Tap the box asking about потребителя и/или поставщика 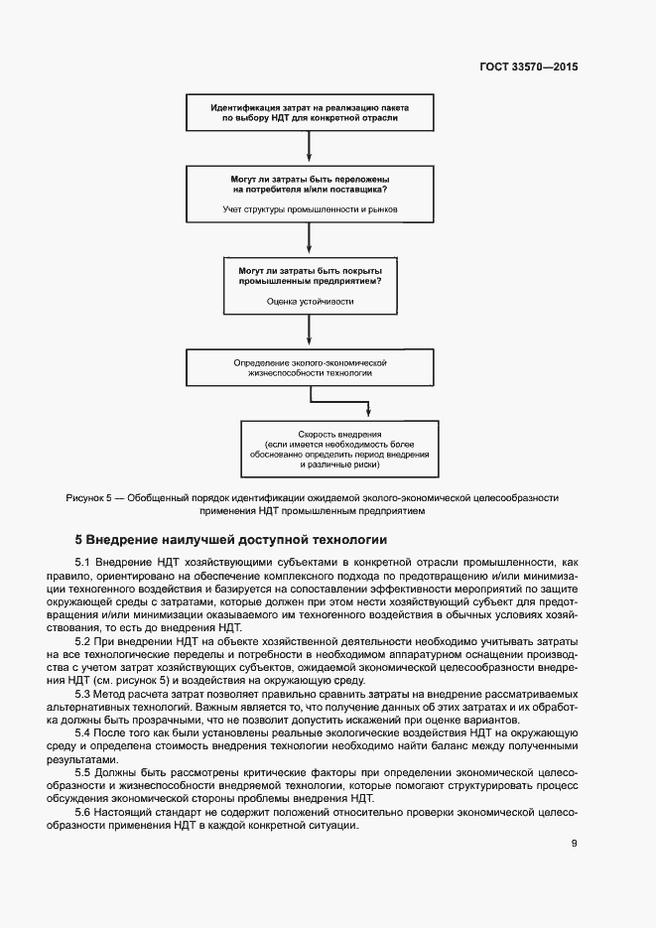coord(310,194)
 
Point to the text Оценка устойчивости coord(310,301)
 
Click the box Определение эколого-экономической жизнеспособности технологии coord(310,369)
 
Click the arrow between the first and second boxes coord(310,147)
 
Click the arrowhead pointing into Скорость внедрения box coord(369,414)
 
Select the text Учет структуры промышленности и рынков coord(310,209)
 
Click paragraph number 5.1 coord(84,562)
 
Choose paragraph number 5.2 coord(84,640)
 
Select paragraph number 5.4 coord(84,731)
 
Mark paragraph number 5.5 coord(84,771)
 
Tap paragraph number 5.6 coord(84,811)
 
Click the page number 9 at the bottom coord(575,844)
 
